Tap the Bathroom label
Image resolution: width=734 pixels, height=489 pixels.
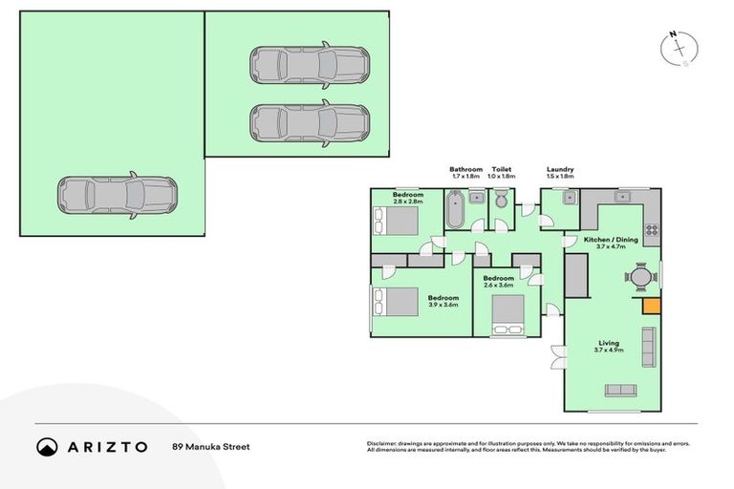[466, 169]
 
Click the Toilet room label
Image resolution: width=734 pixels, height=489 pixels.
[501, 169]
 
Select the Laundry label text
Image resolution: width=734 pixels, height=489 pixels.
[560, 169]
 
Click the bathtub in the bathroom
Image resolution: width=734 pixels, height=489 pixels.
[455, 209]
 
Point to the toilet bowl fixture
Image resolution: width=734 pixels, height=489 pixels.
[501, 202]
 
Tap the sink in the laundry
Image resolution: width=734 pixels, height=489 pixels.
[568, 198]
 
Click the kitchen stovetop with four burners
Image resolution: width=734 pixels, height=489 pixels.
[652, 229]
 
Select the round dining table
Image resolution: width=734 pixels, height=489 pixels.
[641, 277]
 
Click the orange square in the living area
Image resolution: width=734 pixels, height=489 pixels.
[651, 306]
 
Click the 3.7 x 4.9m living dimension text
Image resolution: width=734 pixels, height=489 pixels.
[609, 351]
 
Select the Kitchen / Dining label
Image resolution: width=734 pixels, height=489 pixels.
[610, 240]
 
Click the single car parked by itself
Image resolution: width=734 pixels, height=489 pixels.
[116, 195]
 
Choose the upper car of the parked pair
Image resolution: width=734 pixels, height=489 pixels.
[310, 64]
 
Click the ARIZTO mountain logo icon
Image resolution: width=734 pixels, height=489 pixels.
[47, 446]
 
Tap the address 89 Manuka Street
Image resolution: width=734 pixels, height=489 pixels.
[210, 446]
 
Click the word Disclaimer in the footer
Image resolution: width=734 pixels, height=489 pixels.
[382, 443]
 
